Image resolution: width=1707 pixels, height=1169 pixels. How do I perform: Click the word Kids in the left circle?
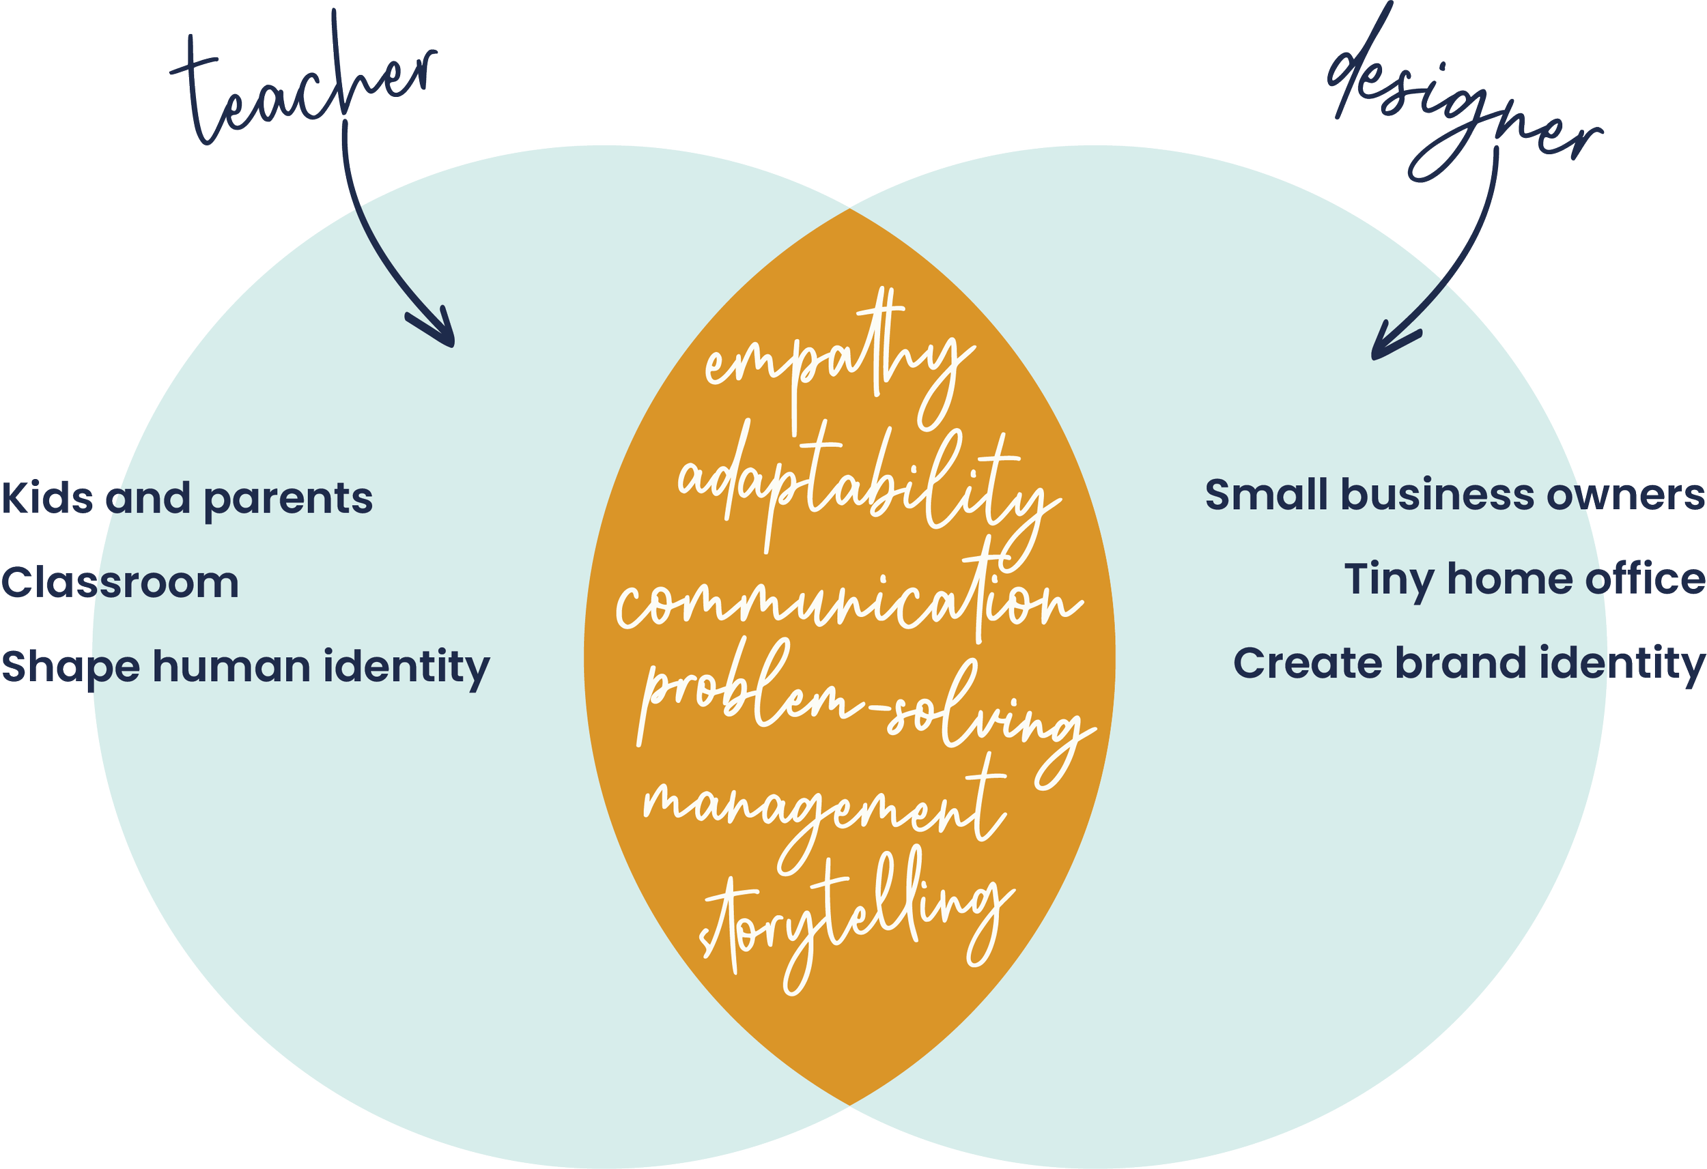(48, 498)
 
